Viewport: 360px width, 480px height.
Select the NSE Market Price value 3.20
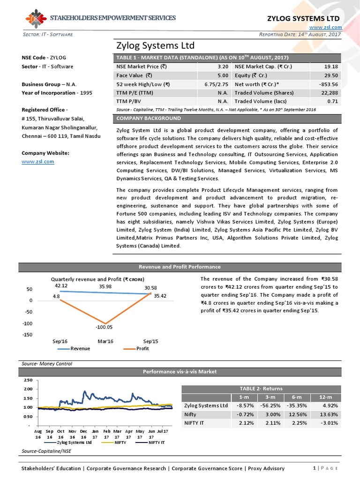point(223,67)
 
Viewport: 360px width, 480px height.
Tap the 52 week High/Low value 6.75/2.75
point(216,84)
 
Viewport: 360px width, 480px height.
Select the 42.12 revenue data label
point(62,285)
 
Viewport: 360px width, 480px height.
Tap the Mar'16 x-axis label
point(105,342)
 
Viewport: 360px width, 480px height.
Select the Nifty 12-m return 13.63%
point(327,414)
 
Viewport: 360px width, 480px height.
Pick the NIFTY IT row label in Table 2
point(195,423)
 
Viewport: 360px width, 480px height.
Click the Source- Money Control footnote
point(47,363)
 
